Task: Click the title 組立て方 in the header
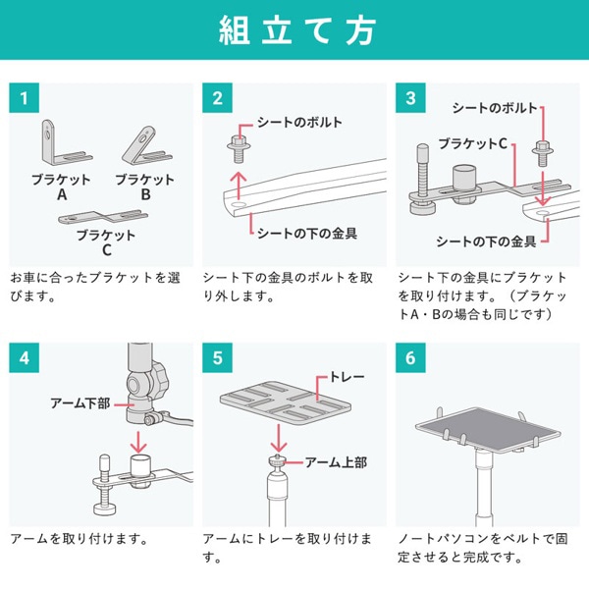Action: [294, 30]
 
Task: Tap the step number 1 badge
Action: [23, 98]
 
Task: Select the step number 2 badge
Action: [217, 98]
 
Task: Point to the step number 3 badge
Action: [410, 98]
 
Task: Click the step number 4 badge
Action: [23, 356]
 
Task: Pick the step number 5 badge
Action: [217, 356]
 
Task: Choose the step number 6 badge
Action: [410, 356]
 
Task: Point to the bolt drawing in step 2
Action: [236, 149]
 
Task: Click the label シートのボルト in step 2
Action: [299, 123]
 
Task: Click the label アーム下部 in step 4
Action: [80, 403]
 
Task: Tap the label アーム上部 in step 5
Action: [337, 461]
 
